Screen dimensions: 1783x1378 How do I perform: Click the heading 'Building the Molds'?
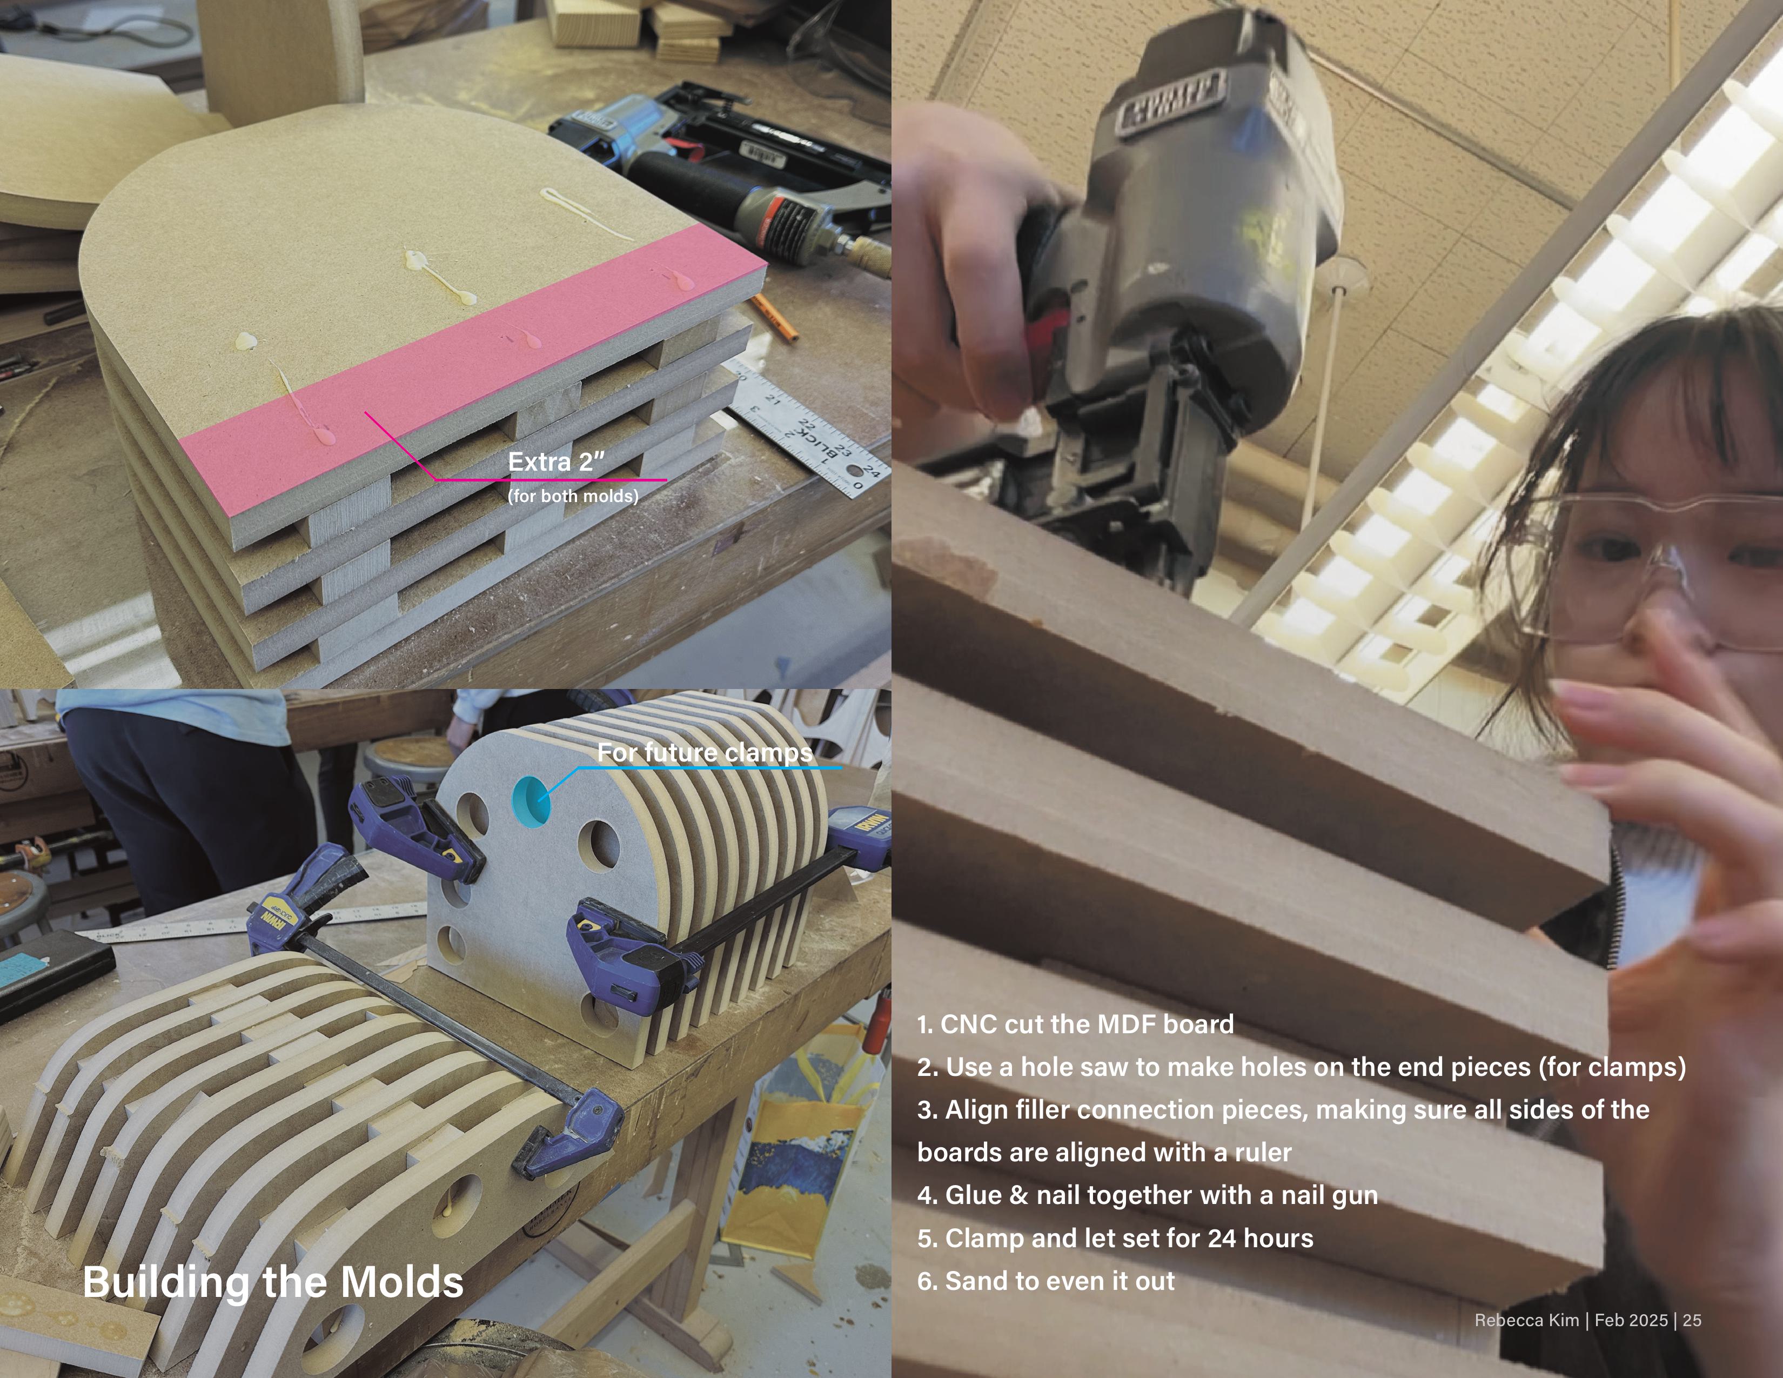(x=273, y=1282)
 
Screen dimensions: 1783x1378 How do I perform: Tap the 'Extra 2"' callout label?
(x=556, y=462)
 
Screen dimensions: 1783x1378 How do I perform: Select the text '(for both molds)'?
(x=573, y=496)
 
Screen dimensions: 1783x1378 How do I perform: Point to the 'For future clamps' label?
(x=705, y=753)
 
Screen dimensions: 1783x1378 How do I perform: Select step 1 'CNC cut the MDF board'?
(x=1075, y=1025)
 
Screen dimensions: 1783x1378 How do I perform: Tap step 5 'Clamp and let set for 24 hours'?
(x=1115, y=1239)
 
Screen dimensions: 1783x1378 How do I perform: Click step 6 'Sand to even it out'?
(x=1046, y=1281)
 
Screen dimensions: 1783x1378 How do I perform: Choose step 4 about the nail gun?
(x=1147, y=1195)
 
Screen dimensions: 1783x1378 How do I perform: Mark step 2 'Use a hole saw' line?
(x=1302, y=1067)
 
